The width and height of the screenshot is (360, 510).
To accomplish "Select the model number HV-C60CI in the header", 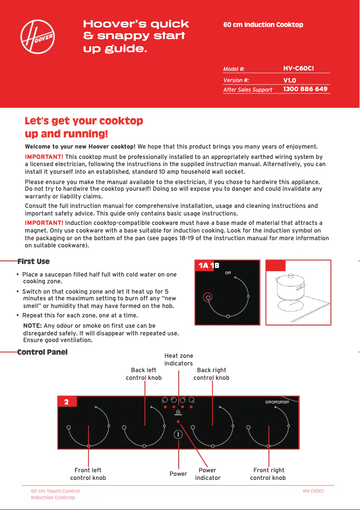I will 298,68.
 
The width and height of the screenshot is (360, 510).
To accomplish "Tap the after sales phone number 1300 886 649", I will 305,89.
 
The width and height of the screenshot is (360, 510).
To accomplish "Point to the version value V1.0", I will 290,80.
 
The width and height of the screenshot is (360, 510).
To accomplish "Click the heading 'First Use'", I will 34,261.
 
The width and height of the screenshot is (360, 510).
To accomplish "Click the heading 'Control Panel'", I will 43,352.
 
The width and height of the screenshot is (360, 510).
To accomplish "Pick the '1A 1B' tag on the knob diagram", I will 209,266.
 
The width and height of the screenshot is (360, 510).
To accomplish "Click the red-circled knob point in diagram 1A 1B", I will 208,297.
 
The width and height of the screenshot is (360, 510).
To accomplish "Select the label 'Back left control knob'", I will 144,374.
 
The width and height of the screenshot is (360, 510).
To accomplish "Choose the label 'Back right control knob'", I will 211,374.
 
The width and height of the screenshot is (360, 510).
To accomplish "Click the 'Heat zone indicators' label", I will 179,360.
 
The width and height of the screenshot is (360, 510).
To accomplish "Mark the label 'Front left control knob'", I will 88,474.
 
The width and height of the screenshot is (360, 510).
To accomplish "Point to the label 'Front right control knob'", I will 268,474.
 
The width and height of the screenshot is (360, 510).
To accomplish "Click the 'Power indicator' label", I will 207,474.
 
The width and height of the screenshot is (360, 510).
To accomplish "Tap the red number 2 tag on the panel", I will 67,402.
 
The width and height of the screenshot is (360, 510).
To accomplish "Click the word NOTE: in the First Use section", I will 32,325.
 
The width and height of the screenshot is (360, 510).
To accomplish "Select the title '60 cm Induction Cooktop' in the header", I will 263,25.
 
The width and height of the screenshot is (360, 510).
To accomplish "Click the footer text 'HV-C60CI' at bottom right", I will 313,491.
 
